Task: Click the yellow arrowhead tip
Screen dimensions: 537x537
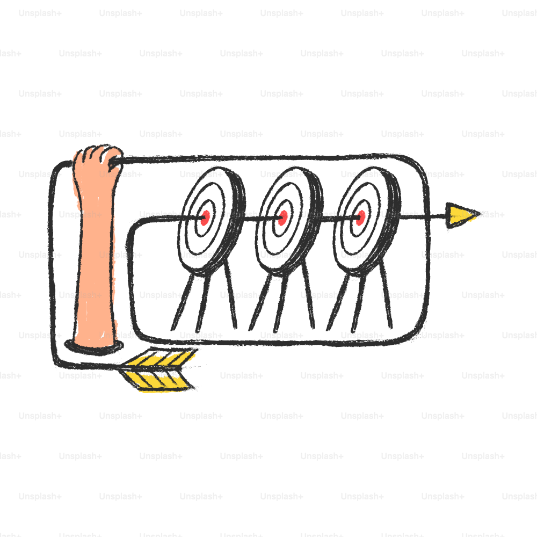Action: pos(480,214)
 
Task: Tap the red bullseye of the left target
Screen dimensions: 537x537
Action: pos(205,218)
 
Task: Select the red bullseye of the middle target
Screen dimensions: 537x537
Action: pos(283,218)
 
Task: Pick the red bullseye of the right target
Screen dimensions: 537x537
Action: pos(361,218)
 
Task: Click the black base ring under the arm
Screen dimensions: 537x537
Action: pos(94,347)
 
